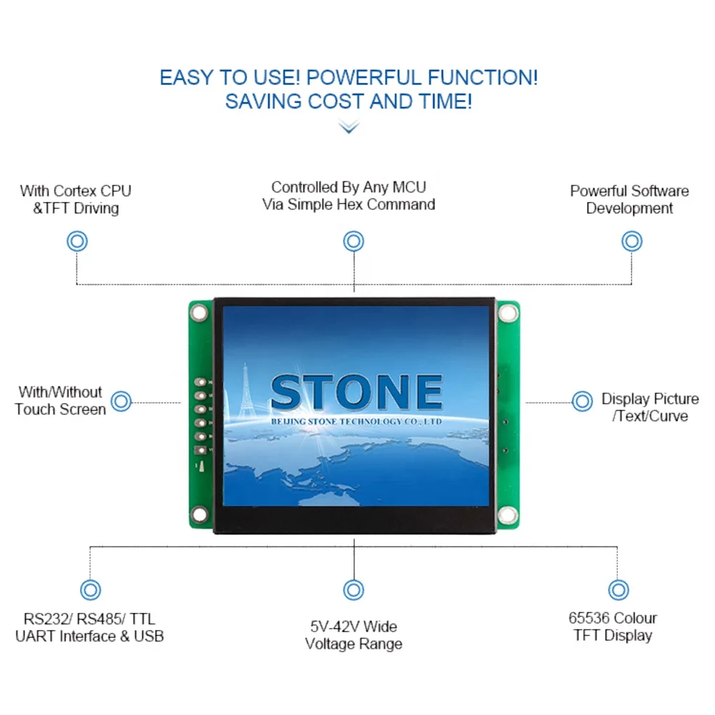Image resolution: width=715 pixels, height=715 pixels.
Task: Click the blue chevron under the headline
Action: [x=349, y=127]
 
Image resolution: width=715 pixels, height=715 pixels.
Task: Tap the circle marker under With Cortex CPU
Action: [x=77, y=241]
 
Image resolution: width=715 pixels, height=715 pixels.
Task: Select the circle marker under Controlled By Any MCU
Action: [x=354, y=241]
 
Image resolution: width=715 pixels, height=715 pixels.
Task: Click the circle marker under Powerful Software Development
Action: [x=631, y=241]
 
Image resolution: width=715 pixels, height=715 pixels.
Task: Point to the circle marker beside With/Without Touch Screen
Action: [x=122, y=401]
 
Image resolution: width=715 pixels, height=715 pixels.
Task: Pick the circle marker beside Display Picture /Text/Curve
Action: [x=582, y=401]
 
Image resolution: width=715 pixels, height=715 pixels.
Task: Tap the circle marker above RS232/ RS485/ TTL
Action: [x=90, y=590]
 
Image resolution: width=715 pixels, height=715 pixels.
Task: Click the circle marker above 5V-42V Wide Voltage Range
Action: [x=354, y=590]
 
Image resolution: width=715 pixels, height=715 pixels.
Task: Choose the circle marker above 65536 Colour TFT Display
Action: [x=618, y=590]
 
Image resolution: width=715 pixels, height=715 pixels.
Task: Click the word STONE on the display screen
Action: [x=356, y=393]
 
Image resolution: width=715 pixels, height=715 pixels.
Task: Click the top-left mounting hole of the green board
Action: [x=199, y=311]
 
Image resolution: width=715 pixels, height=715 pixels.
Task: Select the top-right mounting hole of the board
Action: [x=508, y=313]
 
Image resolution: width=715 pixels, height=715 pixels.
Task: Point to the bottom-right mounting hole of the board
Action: [x=508, y=514]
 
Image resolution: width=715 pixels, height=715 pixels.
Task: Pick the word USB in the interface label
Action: [x=149, y=636]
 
